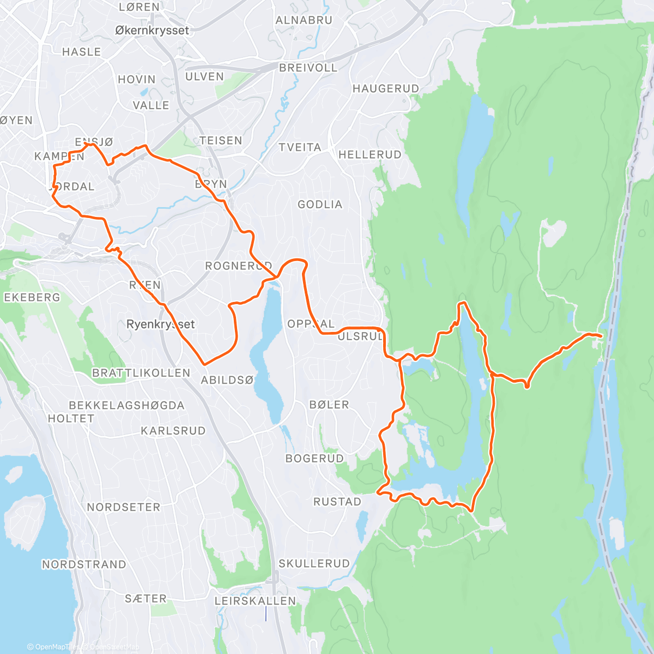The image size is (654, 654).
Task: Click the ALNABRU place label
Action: pos(304,20)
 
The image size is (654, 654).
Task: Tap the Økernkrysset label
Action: pos(152,31)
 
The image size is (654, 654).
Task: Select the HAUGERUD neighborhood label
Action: pos(385,88)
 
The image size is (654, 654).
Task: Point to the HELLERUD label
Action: pos(370,155)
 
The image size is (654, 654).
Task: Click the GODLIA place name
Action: pos(320,204)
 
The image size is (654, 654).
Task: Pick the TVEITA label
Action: pos(300,148)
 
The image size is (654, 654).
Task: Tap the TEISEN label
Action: pos(221,141)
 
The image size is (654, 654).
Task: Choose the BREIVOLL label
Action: pos(308,68)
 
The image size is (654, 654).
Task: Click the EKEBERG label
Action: pos(32,298)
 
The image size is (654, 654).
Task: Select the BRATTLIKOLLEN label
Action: pos(141,373)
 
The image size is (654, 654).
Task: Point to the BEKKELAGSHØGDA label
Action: pos(126,405)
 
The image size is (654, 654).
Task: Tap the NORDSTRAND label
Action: pos(84,565)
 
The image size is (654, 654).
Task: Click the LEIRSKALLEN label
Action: pos(255,601)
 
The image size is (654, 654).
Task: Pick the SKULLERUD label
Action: pos(314,564)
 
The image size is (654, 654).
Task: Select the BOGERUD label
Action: pos(314,458)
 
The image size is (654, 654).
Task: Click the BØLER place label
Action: pos(329,404)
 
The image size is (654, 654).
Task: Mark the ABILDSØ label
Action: pos(227,380)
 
